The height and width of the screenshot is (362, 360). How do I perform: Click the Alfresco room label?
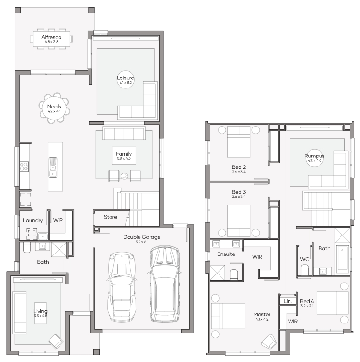click(x=51, y=37)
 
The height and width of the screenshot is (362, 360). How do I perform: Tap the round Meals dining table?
click(x=54, y=108)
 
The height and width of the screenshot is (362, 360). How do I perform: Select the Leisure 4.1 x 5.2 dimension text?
click(x=125, y=83)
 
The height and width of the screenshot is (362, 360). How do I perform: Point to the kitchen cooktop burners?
click(x=24, y=166)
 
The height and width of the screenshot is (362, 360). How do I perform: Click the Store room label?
click(x=110, y=217)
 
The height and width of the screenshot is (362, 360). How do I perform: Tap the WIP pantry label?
click(x=58, y=220)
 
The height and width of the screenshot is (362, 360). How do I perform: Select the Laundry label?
click(x=33, y=220)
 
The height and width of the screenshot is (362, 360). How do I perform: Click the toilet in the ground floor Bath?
click(x=27, y=248)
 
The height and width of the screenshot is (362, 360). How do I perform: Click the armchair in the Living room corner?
click(x=56, y=341)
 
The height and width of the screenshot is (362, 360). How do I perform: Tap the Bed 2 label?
click(x=239, y=167)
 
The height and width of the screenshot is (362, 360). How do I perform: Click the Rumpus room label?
click(x=314, y=156)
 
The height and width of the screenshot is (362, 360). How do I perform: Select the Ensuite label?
click(x=226, y=254)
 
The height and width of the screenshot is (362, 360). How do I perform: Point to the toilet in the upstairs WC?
click(x=305, y=270)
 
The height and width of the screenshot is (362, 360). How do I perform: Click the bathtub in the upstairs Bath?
click(x=342, y=258)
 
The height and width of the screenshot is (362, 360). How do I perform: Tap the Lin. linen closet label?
click(x=288, y=301)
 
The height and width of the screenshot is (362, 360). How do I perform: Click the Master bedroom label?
click(x=261, y=314)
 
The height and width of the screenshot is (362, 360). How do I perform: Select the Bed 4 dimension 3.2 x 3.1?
click(x=307, y=306)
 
